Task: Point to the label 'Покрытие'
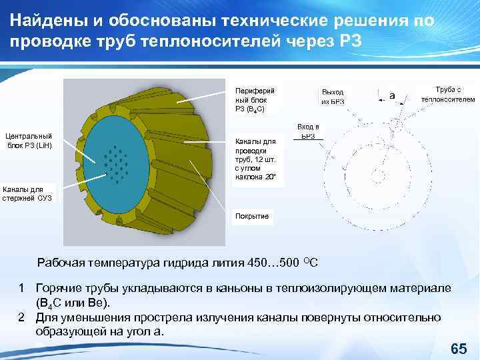pyautogui.click(x=251, y=216)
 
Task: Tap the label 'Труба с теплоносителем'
pyautogui.click(x=447, y=94)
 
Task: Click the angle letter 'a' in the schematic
pyautogui.click(x=392, y=96)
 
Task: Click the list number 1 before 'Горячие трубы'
pyautogui.click(x=22, y=287)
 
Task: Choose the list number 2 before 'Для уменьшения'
pyautogui.click(x=22, y=317)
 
